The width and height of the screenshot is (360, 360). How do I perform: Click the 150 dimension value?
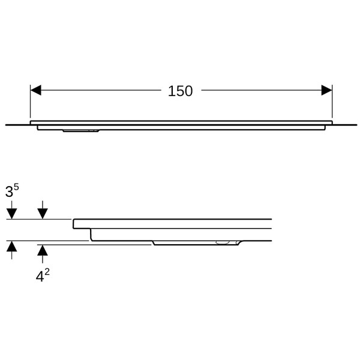click(x=180, y=91)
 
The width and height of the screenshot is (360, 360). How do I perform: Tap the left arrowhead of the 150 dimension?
click(x=35, y=90)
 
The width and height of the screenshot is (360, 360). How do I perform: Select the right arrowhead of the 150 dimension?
click(x=327, y=90)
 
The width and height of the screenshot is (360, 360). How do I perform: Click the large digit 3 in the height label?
click(x=9, y=192)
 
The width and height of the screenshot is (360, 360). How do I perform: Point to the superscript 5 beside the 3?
click(x=16, y=188)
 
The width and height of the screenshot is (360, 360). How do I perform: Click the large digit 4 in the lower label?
click(x=40, y=277)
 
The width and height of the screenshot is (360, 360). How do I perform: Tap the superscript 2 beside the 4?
click(x=47, y=272)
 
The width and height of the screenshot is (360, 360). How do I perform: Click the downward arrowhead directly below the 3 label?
click(x=12, y=214)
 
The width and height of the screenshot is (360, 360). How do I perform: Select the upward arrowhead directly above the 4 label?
click(x=43, y=250)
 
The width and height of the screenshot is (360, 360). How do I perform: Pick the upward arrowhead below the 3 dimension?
click(x=12, y=247)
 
